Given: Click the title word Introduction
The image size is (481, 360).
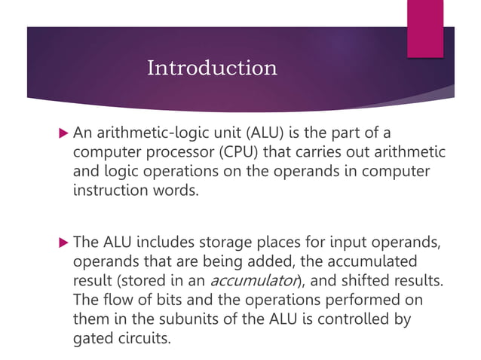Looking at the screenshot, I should click(x=212, y=69).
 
